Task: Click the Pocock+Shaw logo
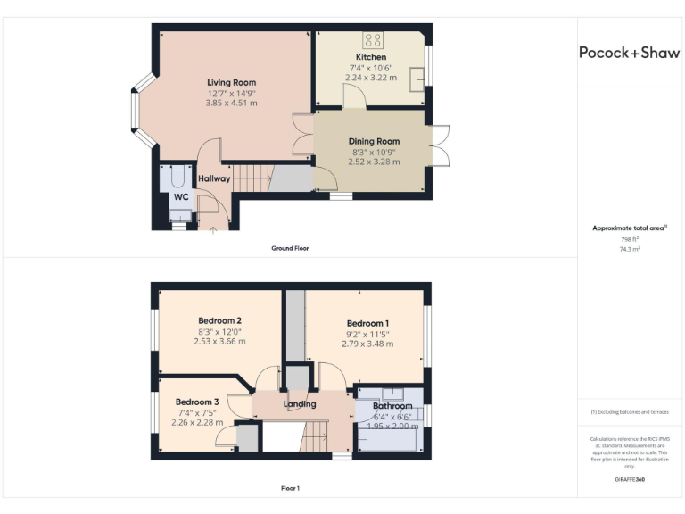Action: pos(629,53)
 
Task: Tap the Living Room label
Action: pos(232,83)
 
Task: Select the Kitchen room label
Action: pos(371,57)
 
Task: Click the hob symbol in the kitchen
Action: pos(373,39)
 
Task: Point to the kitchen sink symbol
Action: pos(417,79)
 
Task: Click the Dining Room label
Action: pos(374,141)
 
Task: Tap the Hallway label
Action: pos(214,178)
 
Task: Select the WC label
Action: pos(181,196)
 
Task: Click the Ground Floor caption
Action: pos(290,248)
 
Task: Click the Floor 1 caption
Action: pos(290,488)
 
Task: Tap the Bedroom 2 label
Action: pos(219,320)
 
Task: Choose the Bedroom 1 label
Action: pos(367,323)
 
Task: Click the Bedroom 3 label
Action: pos(197,402)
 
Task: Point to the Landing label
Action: pos(300,404)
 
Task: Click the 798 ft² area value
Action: pos(629,239)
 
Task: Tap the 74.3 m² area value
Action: pos(629,250)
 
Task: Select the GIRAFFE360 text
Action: pos(629,480)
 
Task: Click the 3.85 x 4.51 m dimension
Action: pos(232,103)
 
